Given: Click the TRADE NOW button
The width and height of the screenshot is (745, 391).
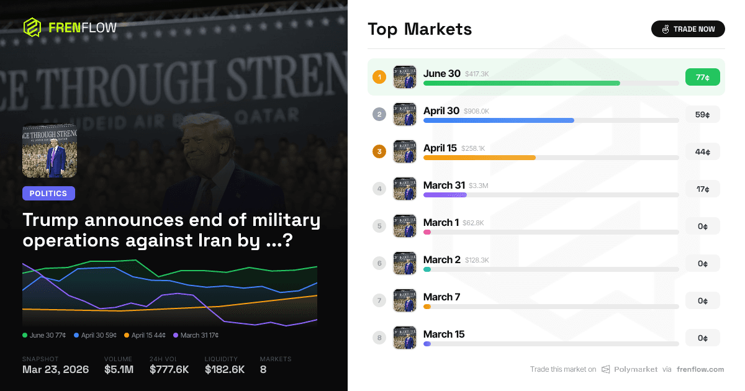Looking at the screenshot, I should click(688, 29).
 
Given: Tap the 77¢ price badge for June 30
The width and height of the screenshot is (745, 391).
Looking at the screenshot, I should click(702, 77).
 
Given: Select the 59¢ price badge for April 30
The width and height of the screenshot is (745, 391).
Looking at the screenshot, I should click(702, 114).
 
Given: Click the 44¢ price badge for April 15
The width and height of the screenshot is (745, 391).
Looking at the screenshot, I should click(702, 151).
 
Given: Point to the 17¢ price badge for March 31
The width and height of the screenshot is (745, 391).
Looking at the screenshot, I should click(702, 189).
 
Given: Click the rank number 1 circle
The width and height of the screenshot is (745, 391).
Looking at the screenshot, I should click(379, 77).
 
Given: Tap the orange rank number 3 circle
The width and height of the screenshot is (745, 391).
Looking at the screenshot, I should click(379, 151).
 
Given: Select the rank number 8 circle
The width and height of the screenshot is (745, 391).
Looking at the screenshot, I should click(379, 338).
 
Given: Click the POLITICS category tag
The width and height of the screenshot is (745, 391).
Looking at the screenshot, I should click(48, 194).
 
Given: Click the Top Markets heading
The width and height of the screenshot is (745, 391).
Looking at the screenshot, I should click(420, 29).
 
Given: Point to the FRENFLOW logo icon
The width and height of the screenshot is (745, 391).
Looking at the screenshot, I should click(32, 27).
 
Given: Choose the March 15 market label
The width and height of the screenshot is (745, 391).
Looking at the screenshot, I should click(443, 334).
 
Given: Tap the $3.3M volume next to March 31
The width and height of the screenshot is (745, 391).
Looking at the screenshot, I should click(478, 186).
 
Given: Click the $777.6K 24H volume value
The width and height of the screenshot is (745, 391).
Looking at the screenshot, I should click(169, 369).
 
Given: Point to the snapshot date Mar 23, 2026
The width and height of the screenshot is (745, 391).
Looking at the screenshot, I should click(55, 369).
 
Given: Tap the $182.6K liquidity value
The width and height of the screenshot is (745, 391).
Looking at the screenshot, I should click(225, 369).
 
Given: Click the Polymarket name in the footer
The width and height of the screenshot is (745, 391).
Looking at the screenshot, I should click(635, 369).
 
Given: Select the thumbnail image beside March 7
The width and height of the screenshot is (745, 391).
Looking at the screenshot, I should click(405, 300).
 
